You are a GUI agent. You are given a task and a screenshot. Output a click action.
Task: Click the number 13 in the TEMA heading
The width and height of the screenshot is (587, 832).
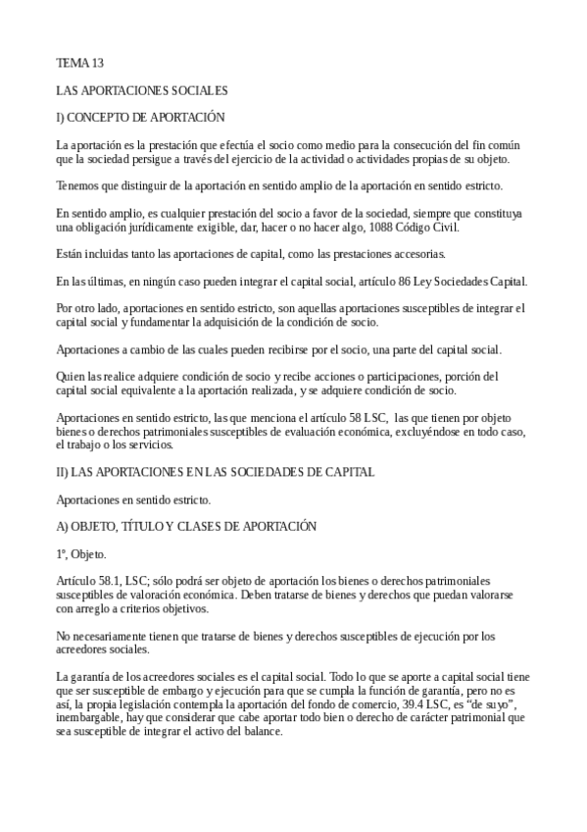pyautogui.click(x=96, y=64)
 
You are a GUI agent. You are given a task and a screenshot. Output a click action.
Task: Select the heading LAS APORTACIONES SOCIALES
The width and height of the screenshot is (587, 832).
pyautogui.click(x=142, y=90)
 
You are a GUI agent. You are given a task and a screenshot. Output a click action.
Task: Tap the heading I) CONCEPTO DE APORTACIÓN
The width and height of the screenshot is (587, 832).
pyautogui.click(x=141, y=117)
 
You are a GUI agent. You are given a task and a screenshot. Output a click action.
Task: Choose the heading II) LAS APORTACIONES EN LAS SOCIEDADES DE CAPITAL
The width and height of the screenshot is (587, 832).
pyautogui.click(x=216, y=472)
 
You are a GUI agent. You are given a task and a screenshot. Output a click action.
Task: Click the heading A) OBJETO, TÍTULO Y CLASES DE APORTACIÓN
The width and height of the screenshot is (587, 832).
pyautogui.click(x=187, y=526)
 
